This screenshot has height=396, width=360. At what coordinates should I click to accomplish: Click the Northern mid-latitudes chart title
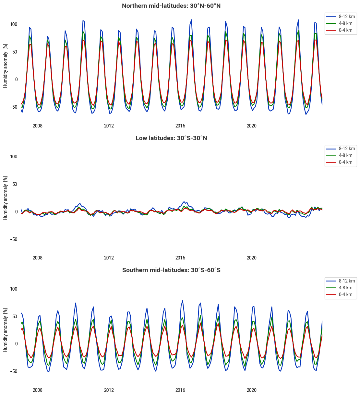171,6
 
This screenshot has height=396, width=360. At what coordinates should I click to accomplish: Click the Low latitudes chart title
171,138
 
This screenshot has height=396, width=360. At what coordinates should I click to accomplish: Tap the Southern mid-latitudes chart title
171,270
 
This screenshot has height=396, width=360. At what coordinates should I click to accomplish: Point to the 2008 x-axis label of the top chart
38,126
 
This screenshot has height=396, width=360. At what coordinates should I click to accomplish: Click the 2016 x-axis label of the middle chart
180,258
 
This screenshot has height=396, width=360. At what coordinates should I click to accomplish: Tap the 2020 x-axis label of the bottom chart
252,390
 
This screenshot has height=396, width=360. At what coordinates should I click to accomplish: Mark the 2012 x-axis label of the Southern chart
109,390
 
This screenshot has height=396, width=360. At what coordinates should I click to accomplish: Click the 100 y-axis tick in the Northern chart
14,24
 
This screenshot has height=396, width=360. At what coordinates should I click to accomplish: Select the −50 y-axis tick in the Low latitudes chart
13,239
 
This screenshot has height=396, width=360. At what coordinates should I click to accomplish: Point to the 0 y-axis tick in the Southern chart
16,344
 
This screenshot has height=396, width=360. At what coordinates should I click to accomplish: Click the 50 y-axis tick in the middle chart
15,184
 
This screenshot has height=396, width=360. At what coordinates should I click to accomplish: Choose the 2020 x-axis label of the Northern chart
252,126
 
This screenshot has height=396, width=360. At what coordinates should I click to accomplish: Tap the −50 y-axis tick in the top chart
13,107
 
